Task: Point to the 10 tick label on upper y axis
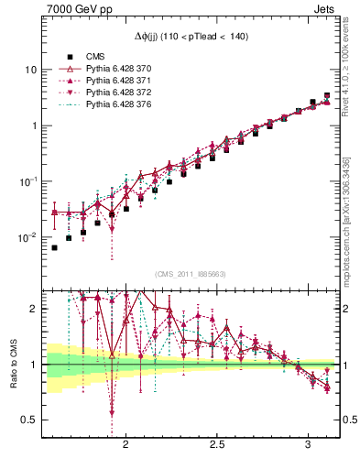(30, 70)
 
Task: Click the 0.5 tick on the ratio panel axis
(28, 420)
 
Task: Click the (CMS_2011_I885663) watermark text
(191, 274)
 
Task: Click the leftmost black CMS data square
(54, 247)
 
